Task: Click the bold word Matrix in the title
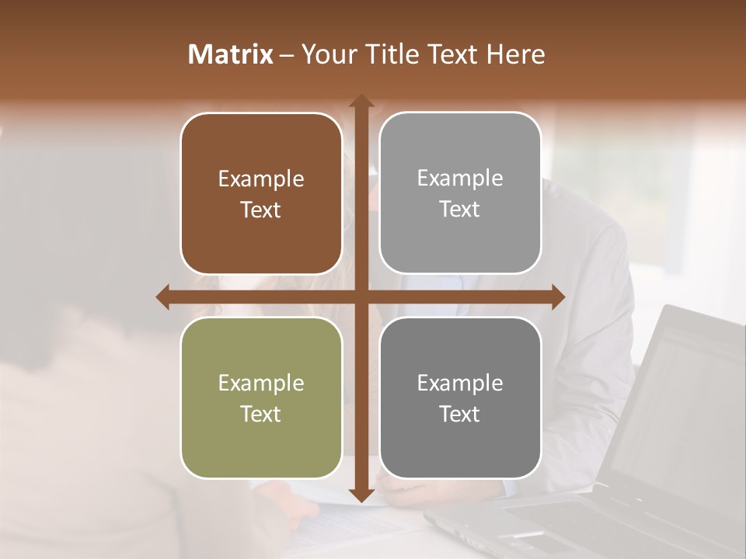[231, 54]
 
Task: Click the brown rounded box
[261, 193]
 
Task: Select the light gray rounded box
[460, 193]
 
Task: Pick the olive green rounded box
[261, 398]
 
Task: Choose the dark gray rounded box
[460, 398]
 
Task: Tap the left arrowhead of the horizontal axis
[163, 297]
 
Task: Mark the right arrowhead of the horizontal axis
[558, 297]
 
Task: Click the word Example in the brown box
[261, 179]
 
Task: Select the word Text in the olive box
[261, 414]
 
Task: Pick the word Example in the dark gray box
[460, 383]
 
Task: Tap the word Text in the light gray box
[460, 210]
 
